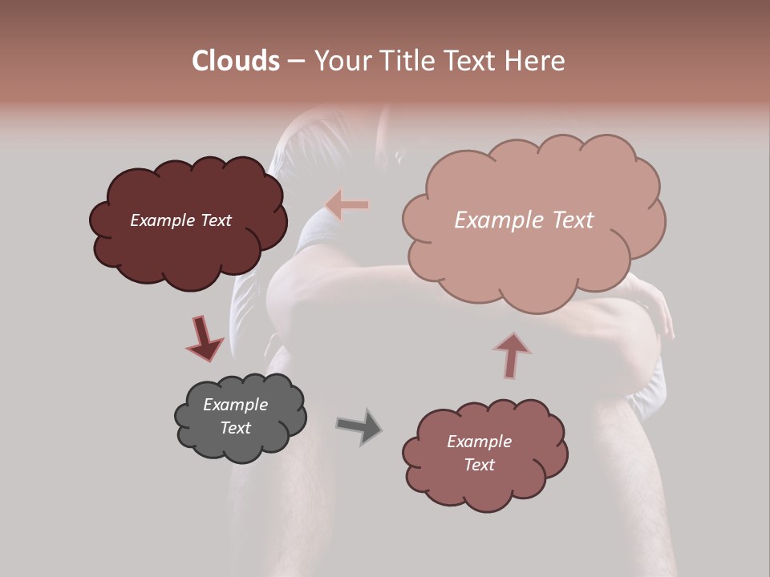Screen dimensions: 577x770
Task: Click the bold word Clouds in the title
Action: click(236, 61)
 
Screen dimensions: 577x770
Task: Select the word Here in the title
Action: click(535, 61)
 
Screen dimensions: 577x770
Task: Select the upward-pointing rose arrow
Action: click(511, 354)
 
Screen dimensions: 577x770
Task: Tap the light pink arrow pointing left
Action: click(347, 205)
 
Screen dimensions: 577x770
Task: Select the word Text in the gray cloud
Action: click(236, 428)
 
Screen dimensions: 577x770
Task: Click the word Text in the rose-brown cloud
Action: click(480, 465)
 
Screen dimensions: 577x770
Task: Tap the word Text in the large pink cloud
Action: click(573, 220)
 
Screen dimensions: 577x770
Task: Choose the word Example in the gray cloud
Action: click(236, 405)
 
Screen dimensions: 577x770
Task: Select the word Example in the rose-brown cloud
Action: click(480, 442)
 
